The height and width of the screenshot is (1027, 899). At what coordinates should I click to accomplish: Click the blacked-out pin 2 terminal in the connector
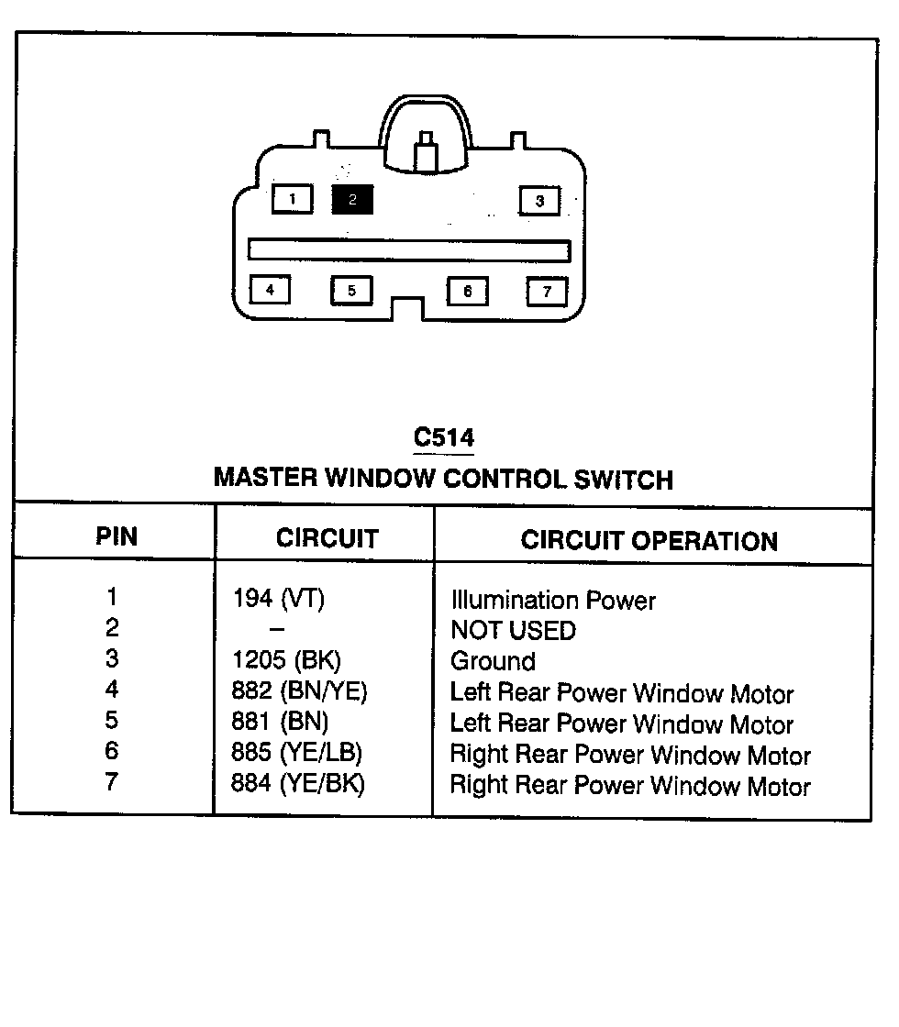(x=352, y=199)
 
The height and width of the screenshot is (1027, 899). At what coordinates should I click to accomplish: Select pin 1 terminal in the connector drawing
(x=292, y=198)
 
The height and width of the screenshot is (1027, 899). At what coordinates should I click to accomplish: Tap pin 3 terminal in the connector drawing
(x=539, y=200)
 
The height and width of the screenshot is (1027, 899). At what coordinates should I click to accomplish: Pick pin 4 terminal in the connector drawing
(x=270, y=290)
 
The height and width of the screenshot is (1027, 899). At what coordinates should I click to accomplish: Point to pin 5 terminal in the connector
(x=351, y=291)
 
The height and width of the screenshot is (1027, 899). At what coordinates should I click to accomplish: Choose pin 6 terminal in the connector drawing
(x=467, y=291)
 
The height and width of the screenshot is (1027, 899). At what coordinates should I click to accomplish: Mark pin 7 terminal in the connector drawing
(x=547, y=291)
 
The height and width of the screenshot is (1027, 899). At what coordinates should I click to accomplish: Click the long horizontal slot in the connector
(x=409, y=250)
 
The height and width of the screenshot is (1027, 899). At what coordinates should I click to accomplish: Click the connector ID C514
(x=444, y=437)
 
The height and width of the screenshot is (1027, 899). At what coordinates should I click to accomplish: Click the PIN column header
(x=117, y=536)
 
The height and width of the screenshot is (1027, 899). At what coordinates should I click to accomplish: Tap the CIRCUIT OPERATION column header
(x=649, y=540)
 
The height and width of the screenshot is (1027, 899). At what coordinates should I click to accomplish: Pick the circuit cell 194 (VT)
(x=279, y=599)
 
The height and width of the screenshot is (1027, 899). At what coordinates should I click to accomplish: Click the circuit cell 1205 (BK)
(x=287, y=660)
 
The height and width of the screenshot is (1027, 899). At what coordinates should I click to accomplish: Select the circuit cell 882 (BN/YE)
(x=300, y=691)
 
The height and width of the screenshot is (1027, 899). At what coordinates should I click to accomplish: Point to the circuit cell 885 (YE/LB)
(x=297, y=753)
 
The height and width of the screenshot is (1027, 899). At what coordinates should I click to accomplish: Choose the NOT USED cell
(x=513, y=630)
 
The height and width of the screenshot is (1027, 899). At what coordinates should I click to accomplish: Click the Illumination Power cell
(x=553, y=601)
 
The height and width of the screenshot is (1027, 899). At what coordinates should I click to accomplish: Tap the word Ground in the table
(x=493, y=661)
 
